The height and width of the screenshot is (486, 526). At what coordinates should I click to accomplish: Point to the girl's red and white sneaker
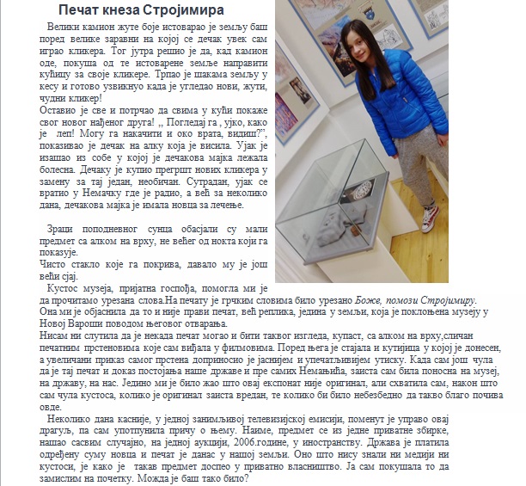(x=429, y=212)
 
